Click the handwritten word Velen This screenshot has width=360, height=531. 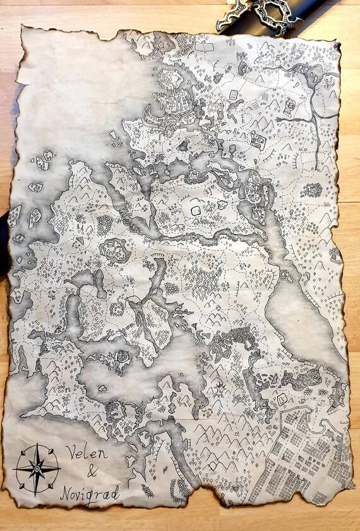click(x=87, y=453)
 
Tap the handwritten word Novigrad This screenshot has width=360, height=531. click(x=90, y=492)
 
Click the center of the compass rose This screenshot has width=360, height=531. click(x=37, y=468)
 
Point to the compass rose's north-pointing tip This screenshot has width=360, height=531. click(x=37, y=445)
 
